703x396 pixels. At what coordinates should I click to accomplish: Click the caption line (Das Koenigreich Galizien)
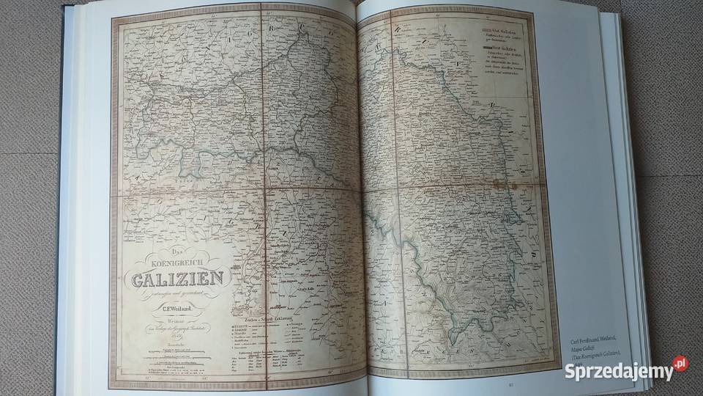coord(594,360)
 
